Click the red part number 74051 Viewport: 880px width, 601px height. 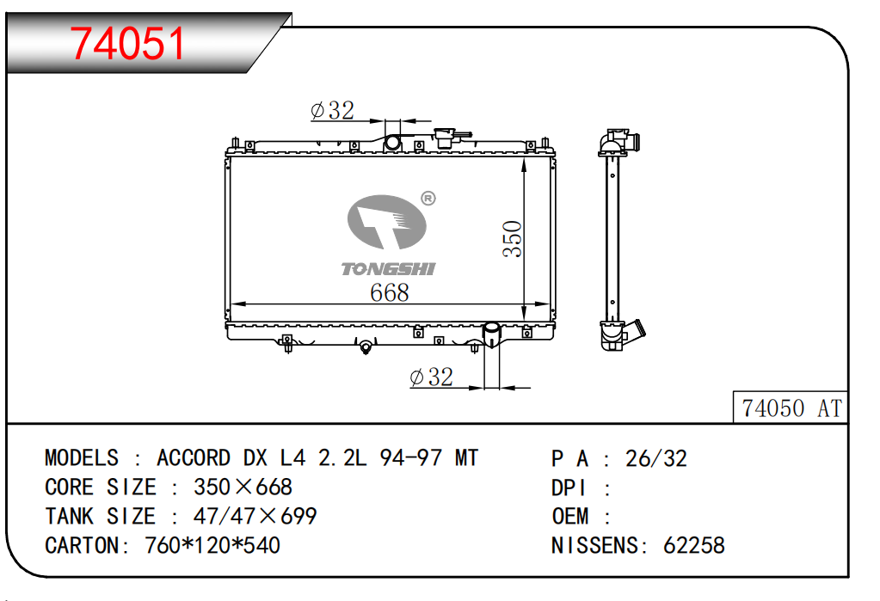click(127, 43)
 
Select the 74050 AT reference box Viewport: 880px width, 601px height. click(791, 407)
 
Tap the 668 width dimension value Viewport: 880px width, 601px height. click(390, 292)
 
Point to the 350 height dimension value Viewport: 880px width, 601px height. click(512, 239)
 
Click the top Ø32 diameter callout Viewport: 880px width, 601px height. click(332, 110)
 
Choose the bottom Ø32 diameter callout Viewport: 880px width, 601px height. click(431, 377)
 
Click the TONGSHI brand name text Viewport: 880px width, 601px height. click(388, 269)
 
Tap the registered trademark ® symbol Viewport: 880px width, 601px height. click(428, 198)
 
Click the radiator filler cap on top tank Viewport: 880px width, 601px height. click(445, 138)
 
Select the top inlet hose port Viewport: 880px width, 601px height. click(392, 143)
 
